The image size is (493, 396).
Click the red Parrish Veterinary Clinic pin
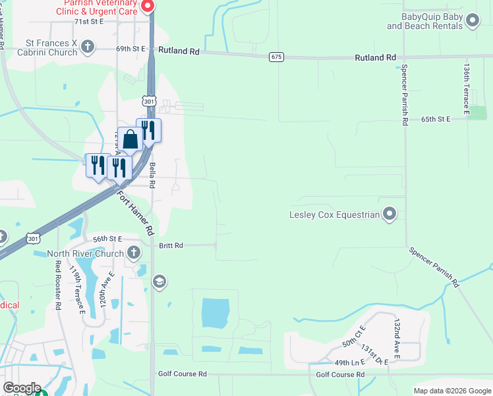pos(147,7)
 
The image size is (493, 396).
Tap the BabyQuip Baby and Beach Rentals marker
pos(471,22)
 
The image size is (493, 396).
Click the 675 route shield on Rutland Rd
pos(276,57)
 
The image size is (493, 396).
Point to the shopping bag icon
pos(130,139)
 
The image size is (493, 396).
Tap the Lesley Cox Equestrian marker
pos(390,214)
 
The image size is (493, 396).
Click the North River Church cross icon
pos(134,253)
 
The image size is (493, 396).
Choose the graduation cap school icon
pos(158,282)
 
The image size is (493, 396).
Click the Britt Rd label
pos(171,246)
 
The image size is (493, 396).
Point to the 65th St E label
pos(436,119)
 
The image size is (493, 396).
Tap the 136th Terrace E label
pos(466,90)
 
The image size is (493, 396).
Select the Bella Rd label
pos(151,176)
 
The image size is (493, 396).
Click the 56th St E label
pos(108,239)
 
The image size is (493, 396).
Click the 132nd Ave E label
pos(397,339)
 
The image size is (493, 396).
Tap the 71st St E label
pos(89,21)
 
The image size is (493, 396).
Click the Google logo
pos(22,388)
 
